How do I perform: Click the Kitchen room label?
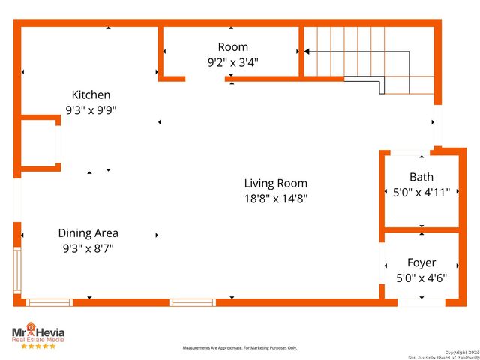click(91, 94)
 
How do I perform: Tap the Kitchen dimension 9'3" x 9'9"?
click(91, 109)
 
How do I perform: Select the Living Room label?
click(275, 183)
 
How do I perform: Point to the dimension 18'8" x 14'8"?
click(275, 199)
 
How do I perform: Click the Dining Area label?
click(88, 232)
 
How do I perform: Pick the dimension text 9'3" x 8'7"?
click(88, 247)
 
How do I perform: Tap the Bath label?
click(421, 177)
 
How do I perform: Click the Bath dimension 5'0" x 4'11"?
click(421, 192)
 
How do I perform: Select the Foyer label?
click(421, 262)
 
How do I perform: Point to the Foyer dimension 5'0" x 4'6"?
click(421, 277)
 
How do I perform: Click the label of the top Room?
click(233, 47)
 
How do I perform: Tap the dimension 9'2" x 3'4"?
click(233, 62)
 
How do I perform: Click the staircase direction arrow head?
click(307, 52)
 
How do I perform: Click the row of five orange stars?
click(37, 346)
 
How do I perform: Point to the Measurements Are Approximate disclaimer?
click(240, 348)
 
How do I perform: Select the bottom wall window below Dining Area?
click(49, 302)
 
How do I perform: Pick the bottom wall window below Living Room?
click(193, 302)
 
